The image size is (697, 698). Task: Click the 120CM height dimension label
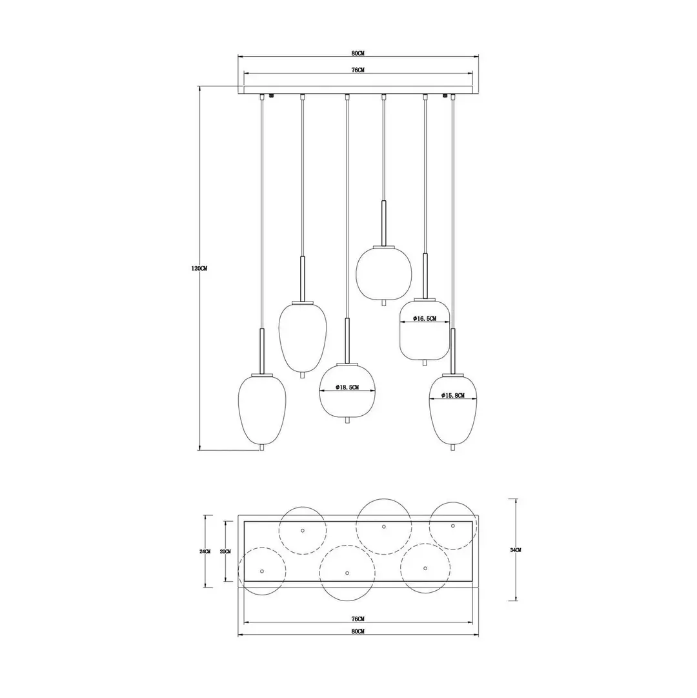pos(199,269)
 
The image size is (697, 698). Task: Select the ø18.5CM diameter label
pos(347,387)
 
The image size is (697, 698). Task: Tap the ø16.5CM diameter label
pos(425,318)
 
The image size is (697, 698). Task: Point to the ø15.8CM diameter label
pos(453,395)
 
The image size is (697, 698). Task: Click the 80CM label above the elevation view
pos(358,54)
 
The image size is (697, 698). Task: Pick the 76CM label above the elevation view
pos(358,70)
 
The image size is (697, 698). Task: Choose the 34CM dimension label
pos(516,550)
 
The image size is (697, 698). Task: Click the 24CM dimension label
pos(205,551)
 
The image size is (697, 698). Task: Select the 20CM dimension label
pos(225,551)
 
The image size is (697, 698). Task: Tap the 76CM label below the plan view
pos(358,619)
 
